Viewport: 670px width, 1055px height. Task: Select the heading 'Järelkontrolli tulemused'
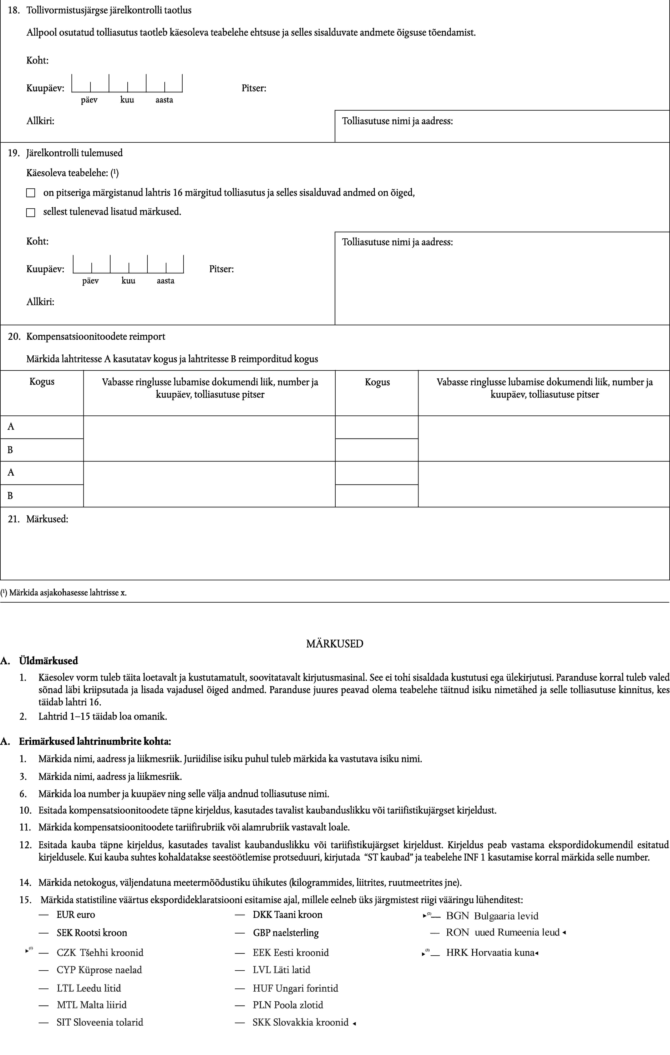[74, 153]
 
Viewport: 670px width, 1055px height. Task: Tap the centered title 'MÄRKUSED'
[335, 644]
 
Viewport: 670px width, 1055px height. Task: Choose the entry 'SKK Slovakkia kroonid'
[300, 1022]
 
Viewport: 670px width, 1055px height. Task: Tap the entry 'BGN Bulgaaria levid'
[492, 916]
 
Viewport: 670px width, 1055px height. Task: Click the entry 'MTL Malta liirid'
[92, 1005]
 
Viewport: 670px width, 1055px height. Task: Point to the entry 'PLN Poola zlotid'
[288, 1005]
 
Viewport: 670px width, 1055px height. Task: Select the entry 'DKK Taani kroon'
[287, 914]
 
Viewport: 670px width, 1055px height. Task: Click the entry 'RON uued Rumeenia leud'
[502, 932]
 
